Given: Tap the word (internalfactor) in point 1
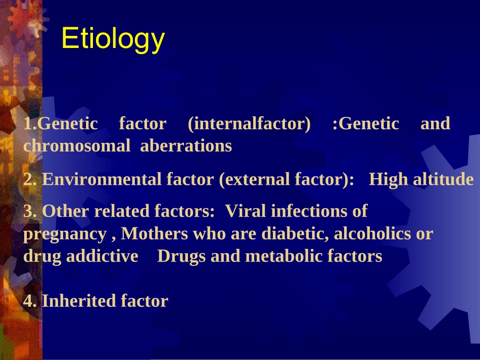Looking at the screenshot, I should pos(249,124).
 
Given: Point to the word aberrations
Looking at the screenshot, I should pos(186,146).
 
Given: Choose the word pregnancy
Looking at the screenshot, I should pos(65,234).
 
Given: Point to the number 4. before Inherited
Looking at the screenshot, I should pos(30,301).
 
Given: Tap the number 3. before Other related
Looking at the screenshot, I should pos(30,211).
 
